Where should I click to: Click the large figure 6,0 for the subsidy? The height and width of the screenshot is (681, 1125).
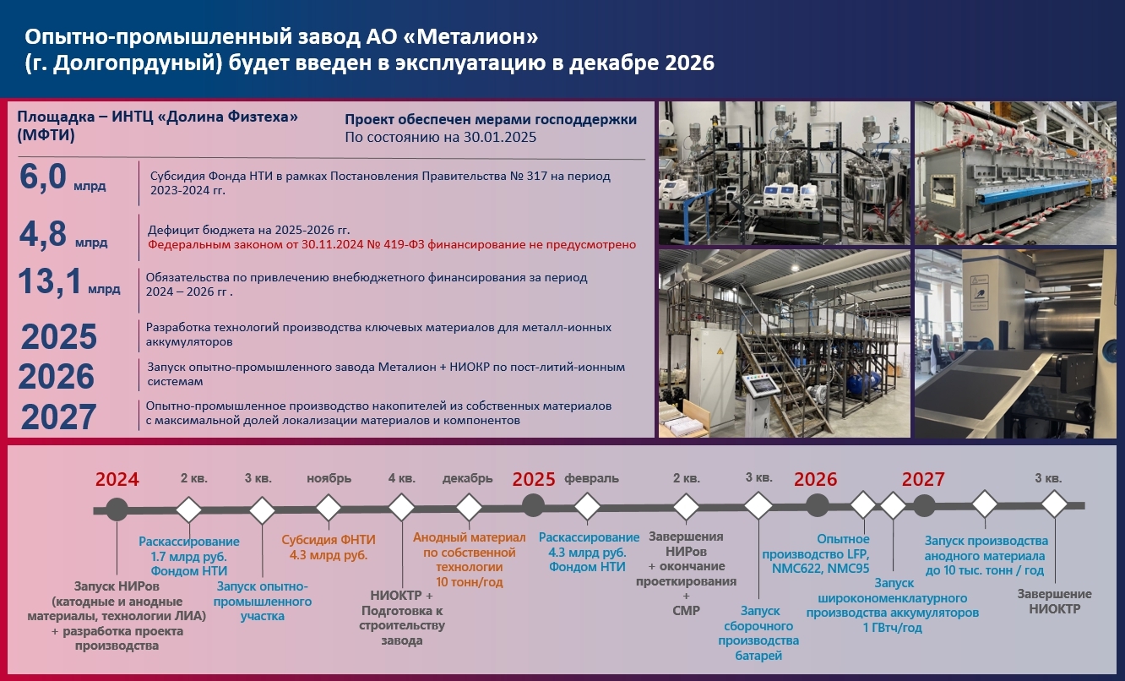pos(43,177)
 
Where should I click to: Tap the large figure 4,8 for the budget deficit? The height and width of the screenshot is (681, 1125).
pos(43,234)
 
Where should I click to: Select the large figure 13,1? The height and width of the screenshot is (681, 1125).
pos(50,281)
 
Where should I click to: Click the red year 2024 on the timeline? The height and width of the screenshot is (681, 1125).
pos(117,479)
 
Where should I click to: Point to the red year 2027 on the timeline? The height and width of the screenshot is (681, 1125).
pos(923,479)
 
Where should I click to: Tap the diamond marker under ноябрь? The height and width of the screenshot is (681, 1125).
pos(329,508)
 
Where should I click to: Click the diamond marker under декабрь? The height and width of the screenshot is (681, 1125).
pos(469,507)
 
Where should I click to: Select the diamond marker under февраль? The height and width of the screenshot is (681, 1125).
pos(587,506)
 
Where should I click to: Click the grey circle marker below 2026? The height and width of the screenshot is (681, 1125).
pos(817,505)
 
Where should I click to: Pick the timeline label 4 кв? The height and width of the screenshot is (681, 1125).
pos(402,478)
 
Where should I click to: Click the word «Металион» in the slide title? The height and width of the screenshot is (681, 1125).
pos(477,36)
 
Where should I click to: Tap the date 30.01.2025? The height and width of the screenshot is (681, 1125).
pos(500,137)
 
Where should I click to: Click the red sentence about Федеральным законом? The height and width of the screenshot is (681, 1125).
pos(392,245)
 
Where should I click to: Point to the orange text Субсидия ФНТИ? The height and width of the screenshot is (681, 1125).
pos(329,540)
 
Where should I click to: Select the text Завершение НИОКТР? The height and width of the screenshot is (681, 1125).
pos(1054,601)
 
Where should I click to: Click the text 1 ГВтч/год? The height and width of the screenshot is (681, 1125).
pos(893,628)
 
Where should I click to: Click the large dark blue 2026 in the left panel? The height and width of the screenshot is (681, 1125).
pos(57,377)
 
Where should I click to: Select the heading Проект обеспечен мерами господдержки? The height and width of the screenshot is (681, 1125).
pos(491,120)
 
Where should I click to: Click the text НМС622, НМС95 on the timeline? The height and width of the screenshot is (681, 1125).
pos(821,569)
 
